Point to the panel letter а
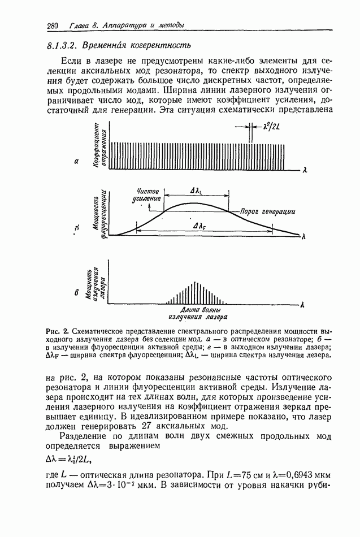(x=76, y=162)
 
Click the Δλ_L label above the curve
(x=198, y=192)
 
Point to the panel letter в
(x=77, y=293)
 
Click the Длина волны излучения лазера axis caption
(x=196, y=314)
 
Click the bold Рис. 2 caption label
(x=57, y=330)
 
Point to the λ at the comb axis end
(x=305, y=169)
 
